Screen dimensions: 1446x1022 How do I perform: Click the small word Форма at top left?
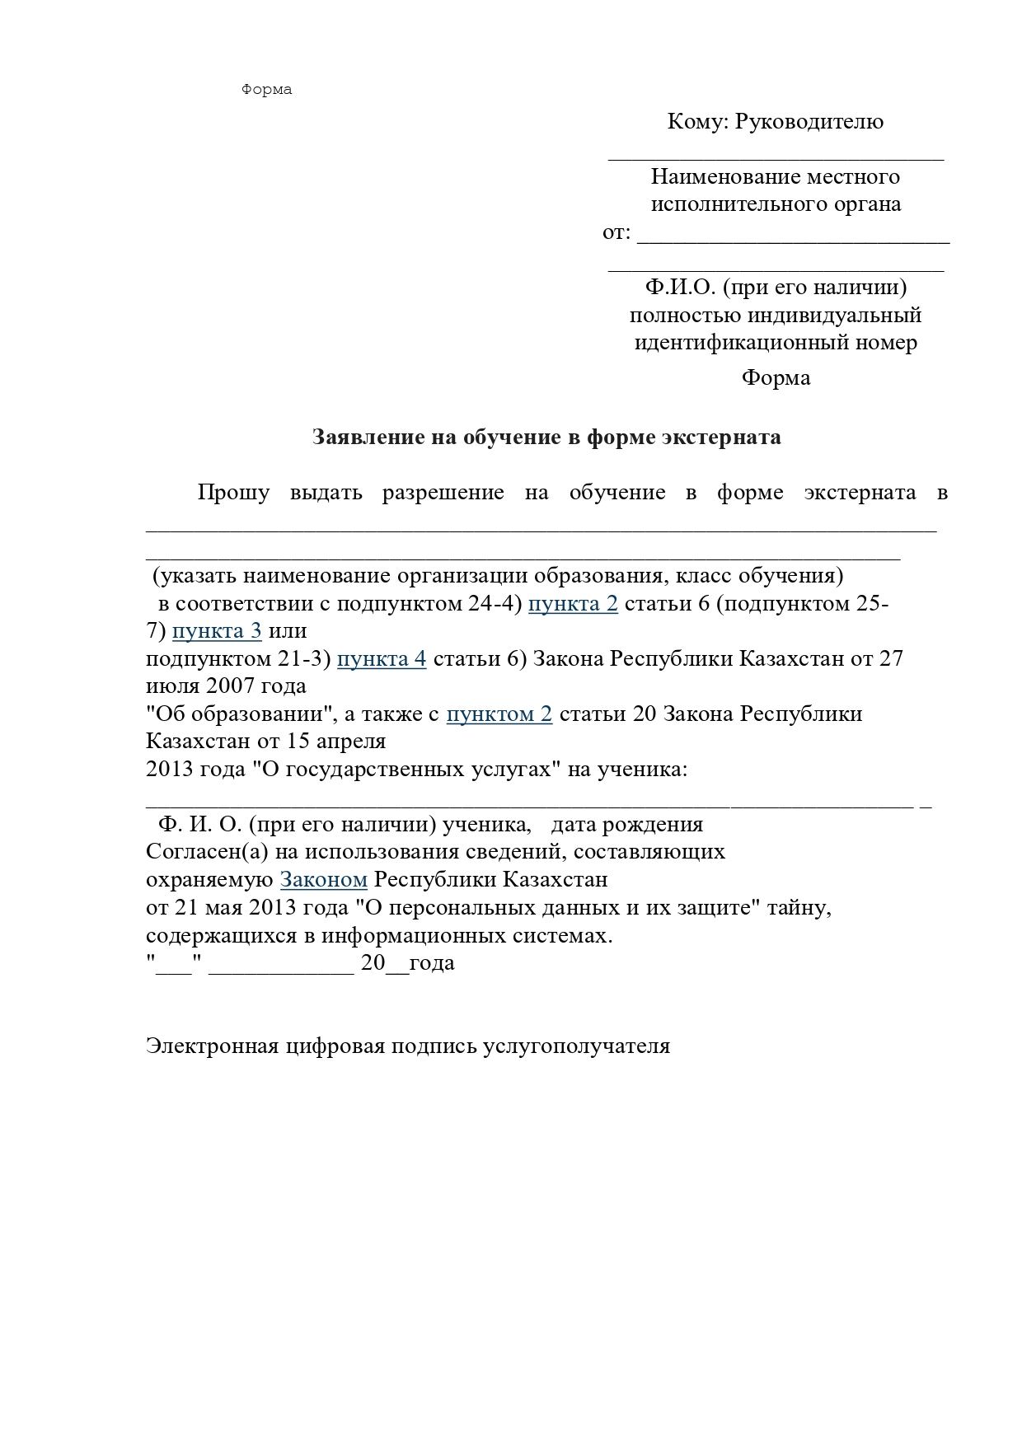click(266, 90)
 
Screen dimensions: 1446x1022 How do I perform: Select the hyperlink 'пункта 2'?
click(573, 604)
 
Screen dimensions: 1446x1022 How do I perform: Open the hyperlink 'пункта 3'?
click(217, 631)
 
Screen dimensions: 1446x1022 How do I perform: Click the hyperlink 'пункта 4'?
click(382, 659)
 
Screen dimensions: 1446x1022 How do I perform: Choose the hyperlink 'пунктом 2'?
click(499, 714)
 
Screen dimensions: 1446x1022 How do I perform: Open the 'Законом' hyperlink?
click(324, 879)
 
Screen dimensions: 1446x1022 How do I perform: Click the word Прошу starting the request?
click(233, 493)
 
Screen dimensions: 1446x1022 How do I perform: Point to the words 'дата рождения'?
click(626, 824)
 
